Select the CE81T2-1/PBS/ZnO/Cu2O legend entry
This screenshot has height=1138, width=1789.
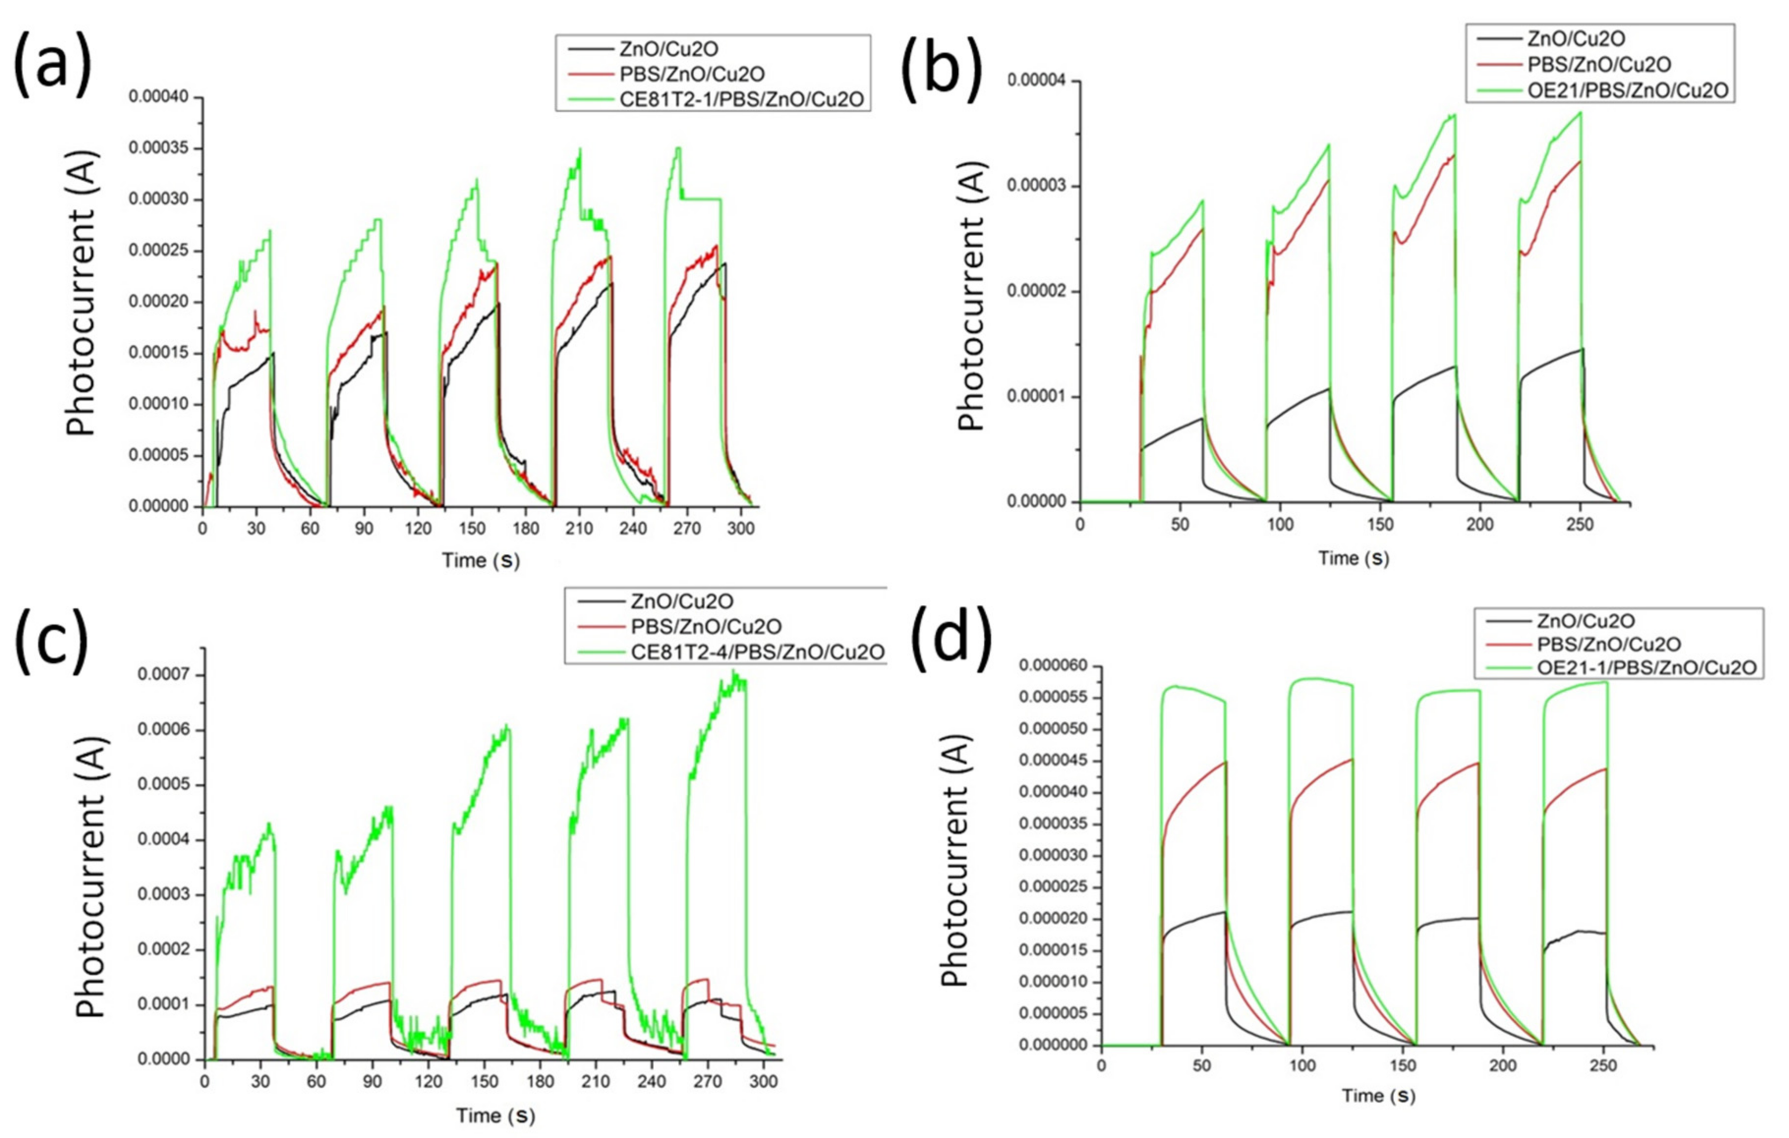point(742,99)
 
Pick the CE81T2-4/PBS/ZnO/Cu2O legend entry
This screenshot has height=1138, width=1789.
point(757,652)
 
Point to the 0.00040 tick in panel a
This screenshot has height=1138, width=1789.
point(158,97)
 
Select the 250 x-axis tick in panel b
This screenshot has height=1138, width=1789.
point(1580,524)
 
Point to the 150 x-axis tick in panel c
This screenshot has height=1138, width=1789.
point(485,1081)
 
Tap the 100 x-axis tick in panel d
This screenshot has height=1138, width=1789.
point(1302,1066)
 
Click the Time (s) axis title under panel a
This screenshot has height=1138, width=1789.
point(481,560)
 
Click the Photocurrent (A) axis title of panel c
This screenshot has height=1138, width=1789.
point(89,877)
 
